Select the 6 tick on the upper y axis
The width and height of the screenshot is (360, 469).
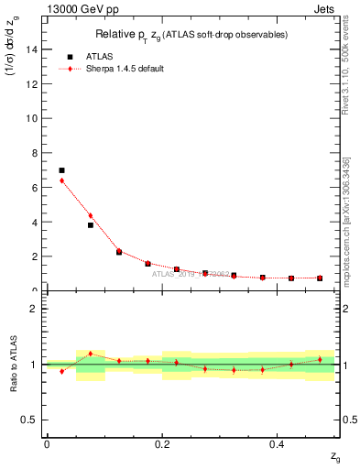(37, 188)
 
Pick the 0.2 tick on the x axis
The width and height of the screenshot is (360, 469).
(162, 443)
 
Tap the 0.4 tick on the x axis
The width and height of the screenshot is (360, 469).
(278, 443)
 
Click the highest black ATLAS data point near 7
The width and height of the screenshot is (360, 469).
(61, 170)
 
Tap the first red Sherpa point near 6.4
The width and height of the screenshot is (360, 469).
(61, 180)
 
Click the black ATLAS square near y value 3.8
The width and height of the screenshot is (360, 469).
(90, 224)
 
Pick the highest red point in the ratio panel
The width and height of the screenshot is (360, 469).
(90, 354)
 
